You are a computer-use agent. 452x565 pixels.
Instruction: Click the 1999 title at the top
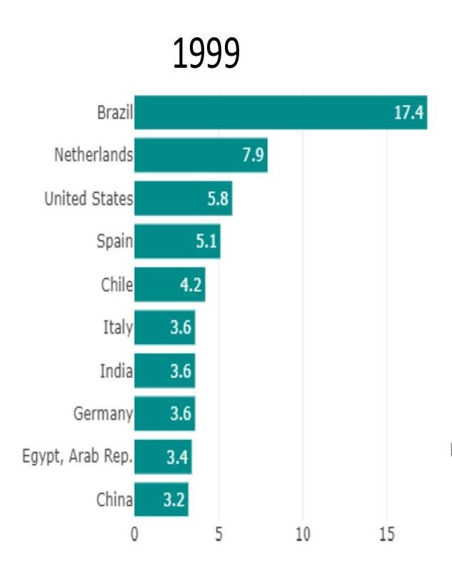click(x=206, y=54)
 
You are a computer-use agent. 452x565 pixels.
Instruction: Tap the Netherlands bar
click(x=201, y=156)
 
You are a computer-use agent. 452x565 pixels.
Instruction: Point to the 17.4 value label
click(x=408, y=113)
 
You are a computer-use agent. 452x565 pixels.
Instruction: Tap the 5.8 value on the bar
click(x=219, y=199)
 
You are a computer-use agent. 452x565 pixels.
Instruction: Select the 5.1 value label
click(x=206, y=242)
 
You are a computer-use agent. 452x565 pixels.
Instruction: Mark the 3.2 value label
click(x=174, y=500)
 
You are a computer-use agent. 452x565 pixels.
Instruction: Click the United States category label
click(x=89, y=199)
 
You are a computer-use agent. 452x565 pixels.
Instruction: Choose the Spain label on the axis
click(x=114, y=242)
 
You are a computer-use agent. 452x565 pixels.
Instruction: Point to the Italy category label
click(x=118, y=328)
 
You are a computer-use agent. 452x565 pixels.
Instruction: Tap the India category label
click(x=116, y=371)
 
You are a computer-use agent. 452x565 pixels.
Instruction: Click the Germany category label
click(x=103, y=414)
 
